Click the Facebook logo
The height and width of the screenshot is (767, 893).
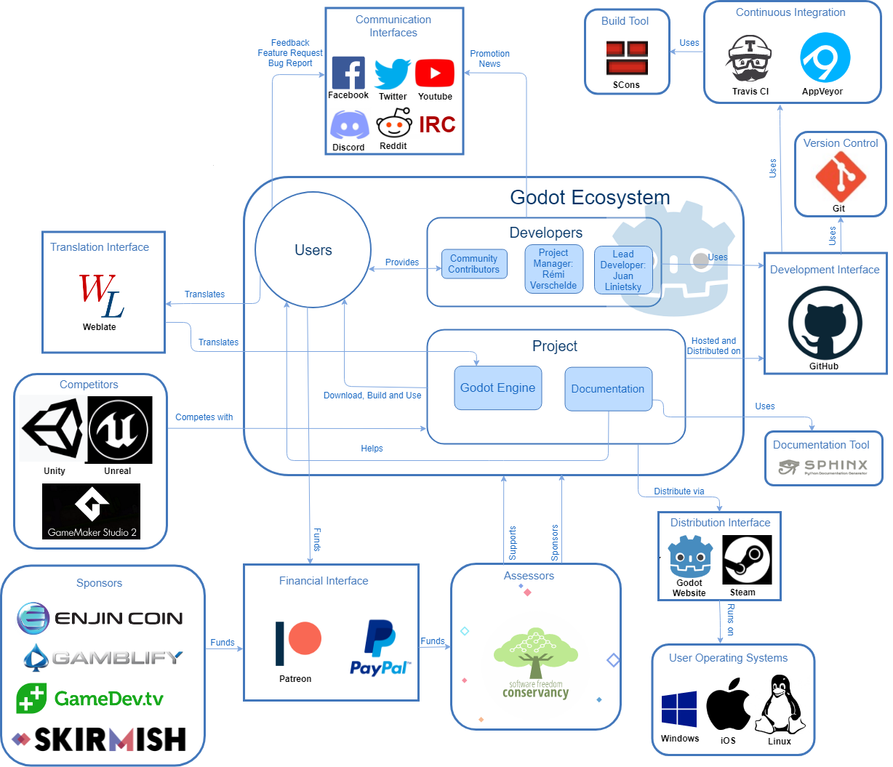pos(348,73)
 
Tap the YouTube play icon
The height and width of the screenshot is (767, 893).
pos(435,73)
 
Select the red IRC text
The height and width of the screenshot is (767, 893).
pos(437,125)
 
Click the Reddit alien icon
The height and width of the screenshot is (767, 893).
pos(394,124)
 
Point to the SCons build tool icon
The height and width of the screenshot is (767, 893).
pos(627,58)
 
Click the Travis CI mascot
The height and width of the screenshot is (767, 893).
pos(749,60)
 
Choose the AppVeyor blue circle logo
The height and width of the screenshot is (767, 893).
pos(825,57)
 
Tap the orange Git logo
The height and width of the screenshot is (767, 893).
pos(840,177)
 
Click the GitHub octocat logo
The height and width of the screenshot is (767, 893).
pos(825,323)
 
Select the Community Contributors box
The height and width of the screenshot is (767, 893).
pos(474,264)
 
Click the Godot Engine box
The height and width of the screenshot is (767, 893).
pos(498,388)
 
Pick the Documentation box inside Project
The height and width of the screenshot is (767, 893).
pos(608,389)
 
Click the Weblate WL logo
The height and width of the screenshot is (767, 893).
pos(100,296)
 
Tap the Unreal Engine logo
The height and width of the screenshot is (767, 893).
pos(119,430)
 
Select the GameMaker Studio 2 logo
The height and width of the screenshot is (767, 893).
pos(91,511)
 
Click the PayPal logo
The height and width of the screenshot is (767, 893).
pos(380,648)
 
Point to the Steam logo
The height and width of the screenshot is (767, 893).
pos(746,560)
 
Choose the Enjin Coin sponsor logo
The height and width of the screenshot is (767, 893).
pos(100,619)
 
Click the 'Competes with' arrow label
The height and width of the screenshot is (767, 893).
pos(204,417)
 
